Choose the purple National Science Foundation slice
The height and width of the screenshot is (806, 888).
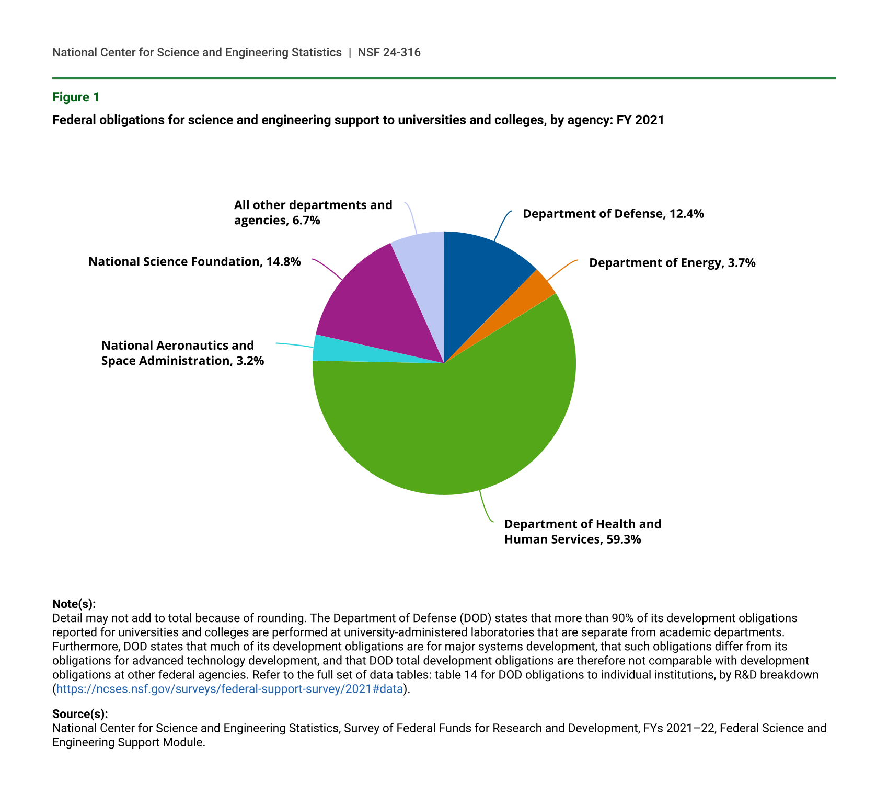(x=376, y=303)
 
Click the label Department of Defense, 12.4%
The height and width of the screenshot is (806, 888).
(x=613, y=214)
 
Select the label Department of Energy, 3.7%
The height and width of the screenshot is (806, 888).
(x=672, y=263)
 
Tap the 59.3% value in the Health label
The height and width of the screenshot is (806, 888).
(x=624, y=539)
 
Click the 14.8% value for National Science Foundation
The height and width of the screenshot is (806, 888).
(x=283, y=261)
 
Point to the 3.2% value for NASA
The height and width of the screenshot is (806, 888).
(x=250, y=361)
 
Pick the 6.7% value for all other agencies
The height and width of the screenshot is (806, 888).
(x=306, y=220)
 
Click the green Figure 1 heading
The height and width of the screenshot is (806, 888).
(x=76, y=97)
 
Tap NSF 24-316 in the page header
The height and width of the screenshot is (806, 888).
(x=389, y=52)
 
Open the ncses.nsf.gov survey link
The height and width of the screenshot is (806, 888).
(x=229, y=689)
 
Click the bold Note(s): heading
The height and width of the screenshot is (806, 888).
(x=74, y=604)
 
